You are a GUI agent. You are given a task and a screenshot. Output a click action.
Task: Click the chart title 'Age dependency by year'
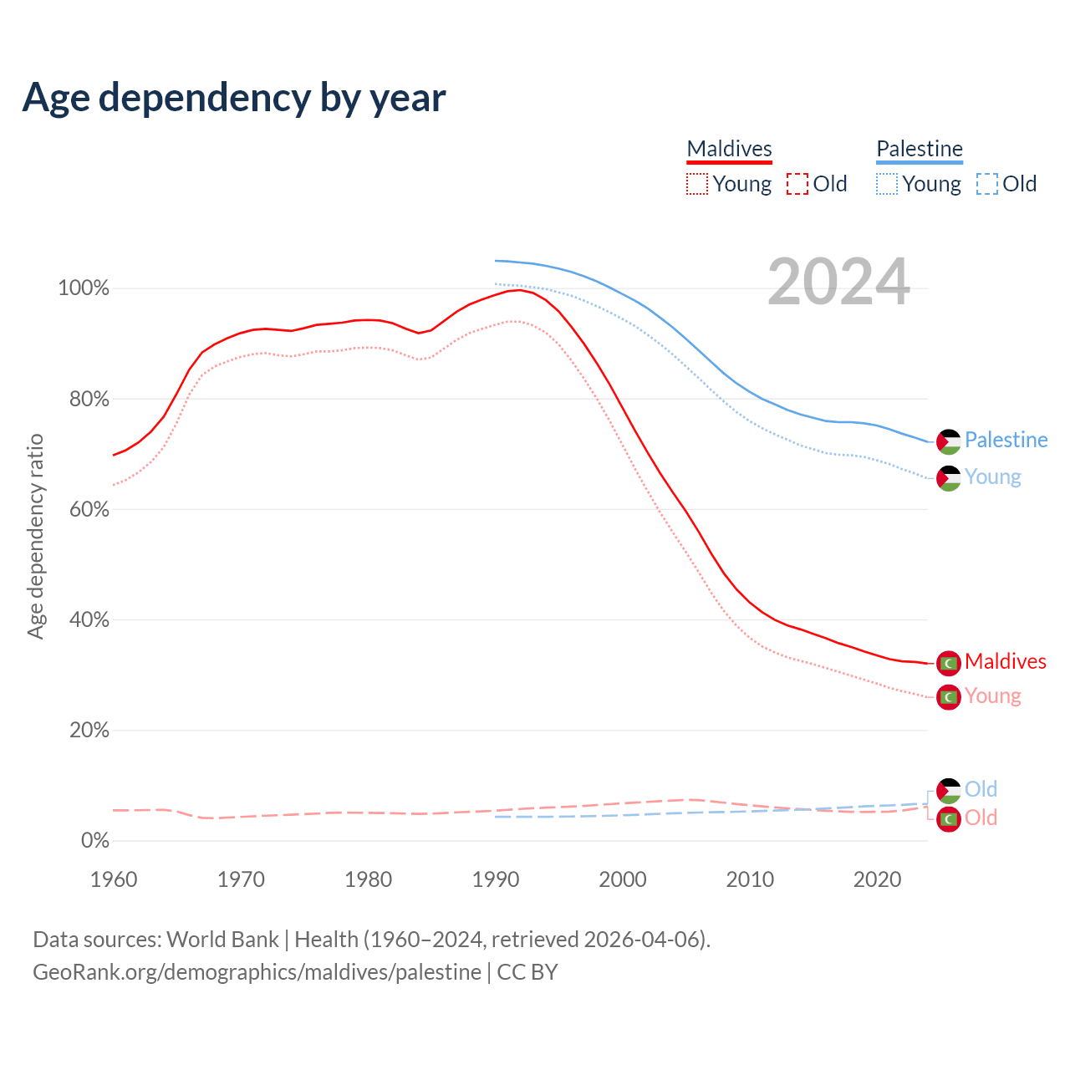click(x=234, y=98)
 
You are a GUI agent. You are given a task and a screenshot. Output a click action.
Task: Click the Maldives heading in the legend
click(x=729, y=149)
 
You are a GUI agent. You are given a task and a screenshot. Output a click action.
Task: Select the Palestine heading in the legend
click(x=920, y=149)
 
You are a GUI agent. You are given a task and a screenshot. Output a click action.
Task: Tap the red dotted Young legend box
click(x=696, y=184)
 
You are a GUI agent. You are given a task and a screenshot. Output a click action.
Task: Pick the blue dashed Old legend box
click(x=986, y=184)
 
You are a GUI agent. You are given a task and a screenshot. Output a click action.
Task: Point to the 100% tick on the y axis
click(x=84, y=288)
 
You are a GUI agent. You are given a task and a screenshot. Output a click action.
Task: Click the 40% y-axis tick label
click(x=89, y=620)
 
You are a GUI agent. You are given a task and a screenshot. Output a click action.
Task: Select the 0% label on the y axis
click(x=95, y=841)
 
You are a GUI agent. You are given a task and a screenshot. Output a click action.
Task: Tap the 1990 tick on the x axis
click(x=496, y=879)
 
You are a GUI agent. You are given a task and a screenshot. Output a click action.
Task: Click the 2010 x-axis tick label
click(x=750, y=879)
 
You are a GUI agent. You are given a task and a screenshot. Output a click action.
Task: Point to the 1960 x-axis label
click(x=114, y=879)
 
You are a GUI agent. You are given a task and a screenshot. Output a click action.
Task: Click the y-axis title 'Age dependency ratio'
click(x=35, y=536)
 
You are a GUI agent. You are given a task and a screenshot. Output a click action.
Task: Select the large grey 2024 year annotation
click(x=838, y=283)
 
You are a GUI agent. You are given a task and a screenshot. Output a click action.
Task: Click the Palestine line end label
click(x=1006, y=440)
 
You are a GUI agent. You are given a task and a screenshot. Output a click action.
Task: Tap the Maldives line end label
click(x=1005, y=661)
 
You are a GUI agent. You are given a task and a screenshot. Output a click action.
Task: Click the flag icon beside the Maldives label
click(x=948, y=663)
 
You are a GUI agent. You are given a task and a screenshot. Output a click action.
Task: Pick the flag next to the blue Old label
click(x=948, y=790)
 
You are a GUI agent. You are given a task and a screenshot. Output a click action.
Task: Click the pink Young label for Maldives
click(x=992, y=696)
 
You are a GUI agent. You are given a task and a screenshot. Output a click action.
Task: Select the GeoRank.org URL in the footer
click(x=257, y=972)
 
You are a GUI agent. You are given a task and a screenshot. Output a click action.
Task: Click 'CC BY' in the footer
click(x=527, y=972)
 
